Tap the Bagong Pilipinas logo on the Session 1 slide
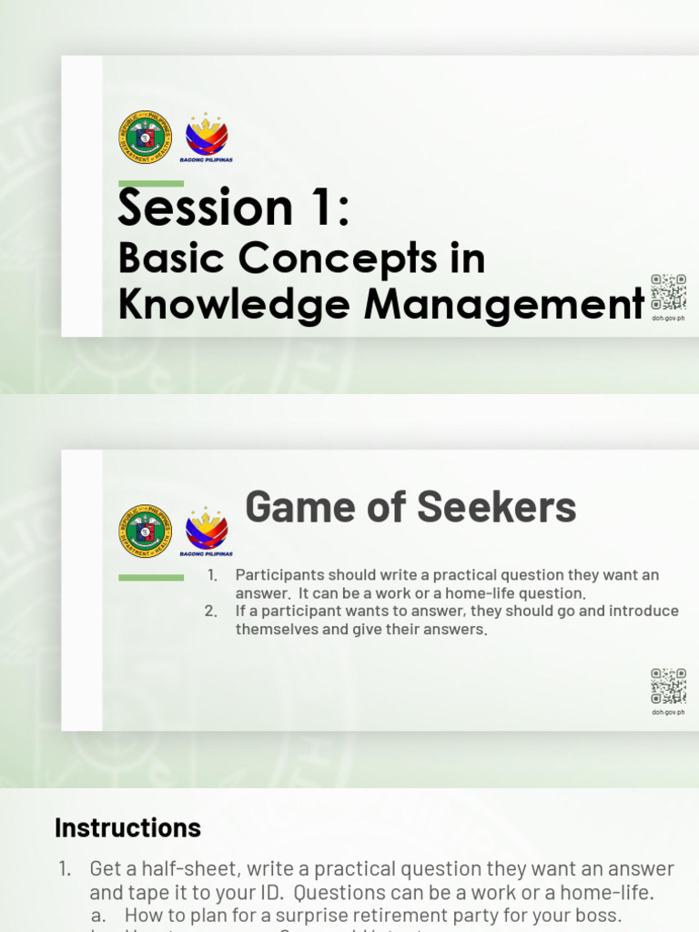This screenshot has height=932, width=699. pos(207,137)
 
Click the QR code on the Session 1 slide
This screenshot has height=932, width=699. pos(668,292)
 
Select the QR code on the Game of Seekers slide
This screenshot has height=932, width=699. pos(668,686)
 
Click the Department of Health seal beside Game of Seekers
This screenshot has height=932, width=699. pos(145,530)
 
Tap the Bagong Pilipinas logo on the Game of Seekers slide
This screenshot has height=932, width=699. pos(207,530)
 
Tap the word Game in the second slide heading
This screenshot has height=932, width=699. pos(290,507)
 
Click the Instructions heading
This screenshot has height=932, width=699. pos(127,827)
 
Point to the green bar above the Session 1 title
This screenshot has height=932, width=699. pos(151,184)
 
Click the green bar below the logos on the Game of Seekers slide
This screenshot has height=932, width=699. pos(151,577)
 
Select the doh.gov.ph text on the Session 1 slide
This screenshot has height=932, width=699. pos(668,319)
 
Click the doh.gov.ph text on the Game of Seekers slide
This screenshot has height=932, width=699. pos(668,713)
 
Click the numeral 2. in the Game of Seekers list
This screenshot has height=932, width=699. pos(211,611)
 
